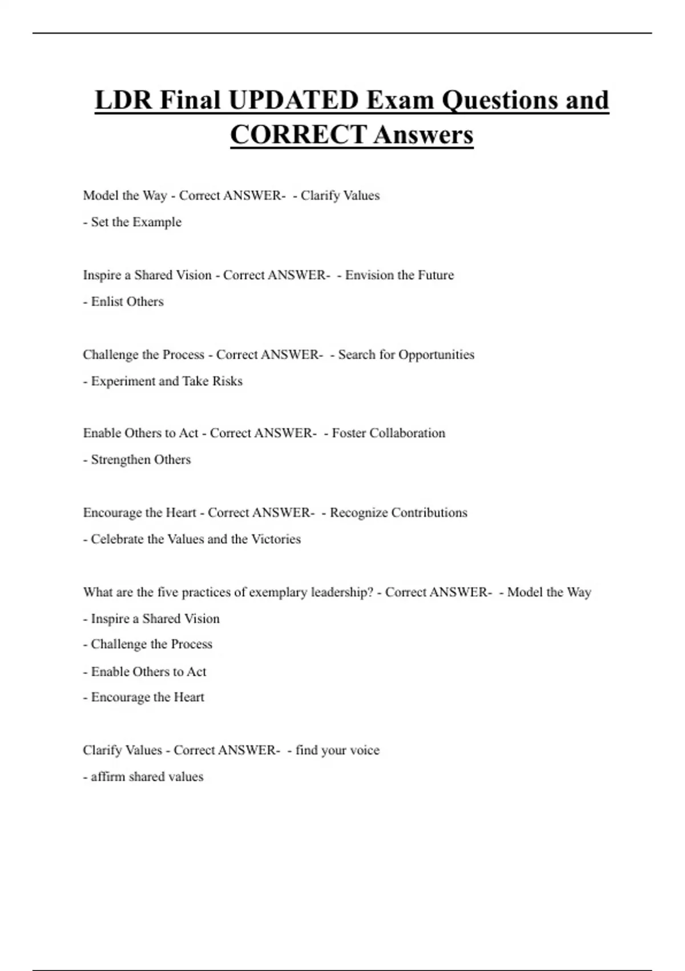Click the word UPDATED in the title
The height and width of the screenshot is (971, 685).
[293, 100]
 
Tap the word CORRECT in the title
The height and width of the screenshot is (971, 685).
[298, 135]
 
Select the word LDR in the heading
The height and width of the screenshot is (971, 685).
[124, 100]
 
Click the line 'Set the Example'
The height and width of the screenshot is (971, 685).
[136, 222]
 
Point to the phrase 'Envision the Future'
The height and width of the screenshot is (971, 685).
[399, 275]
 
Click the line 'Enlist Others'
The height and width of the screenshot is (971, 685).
[127, 302]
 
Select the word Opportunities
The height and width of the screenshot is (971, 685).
[436, 355]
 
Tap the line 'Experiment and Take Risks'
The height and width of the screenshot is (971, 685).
[166, 381]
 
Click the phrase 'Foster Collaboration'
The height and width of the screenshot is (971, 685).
[388, 433]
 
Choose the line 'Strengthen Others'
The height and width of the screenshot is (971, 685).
[140, 460]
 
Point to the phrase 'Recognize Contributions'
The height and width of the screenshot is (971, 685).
[398, 513]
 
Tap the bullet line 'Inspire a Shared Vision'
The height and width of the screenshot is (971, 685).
[155, 619]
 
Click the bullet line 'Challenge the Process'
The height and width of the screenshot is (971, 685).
[151, 644]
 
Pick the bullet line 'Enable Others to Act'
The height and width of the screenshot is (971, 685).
[148, 672]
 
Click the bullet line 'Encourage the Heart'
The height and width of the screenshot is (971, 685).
[147, 697]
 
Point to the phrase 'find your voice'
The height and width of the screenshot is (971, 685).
[337, 751]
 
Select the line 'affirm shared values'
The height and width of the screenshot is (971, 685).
[147, 777]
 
